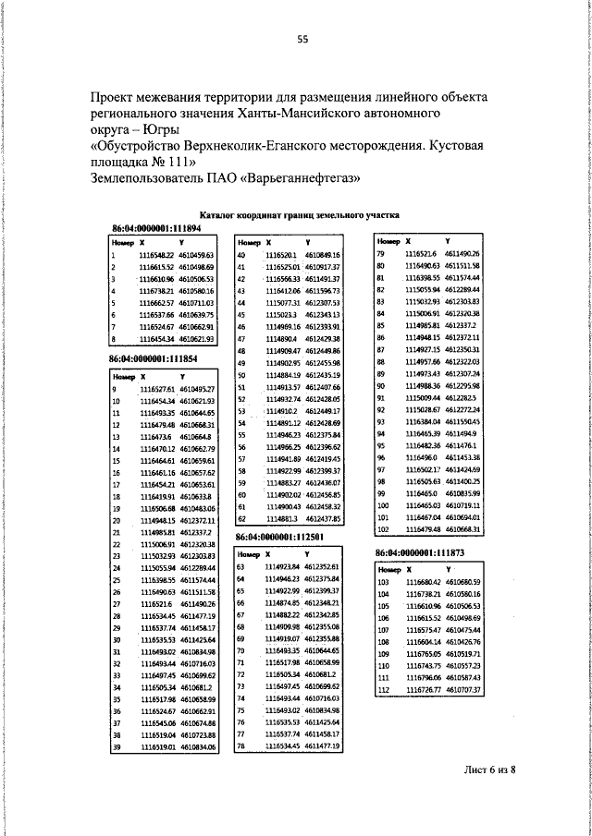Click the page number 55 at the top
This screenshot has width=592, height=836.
pyautogui.click(x=302, y=39)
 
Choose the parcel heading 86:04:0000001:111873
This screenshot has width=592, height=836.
pyautogui.click(x=419, y=552)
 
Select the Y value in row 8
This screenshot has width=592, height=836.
pyautogui.click(x=197, y=339)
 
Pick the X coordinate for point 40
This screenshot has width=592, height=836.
pyautogui.click(x=280, y=254)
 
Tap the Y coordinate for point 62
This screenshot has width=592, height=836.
pyautogui.click(x=324, y=519)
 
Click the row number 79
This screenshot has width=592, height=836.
pyautogui.click(x=380, y=254)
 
